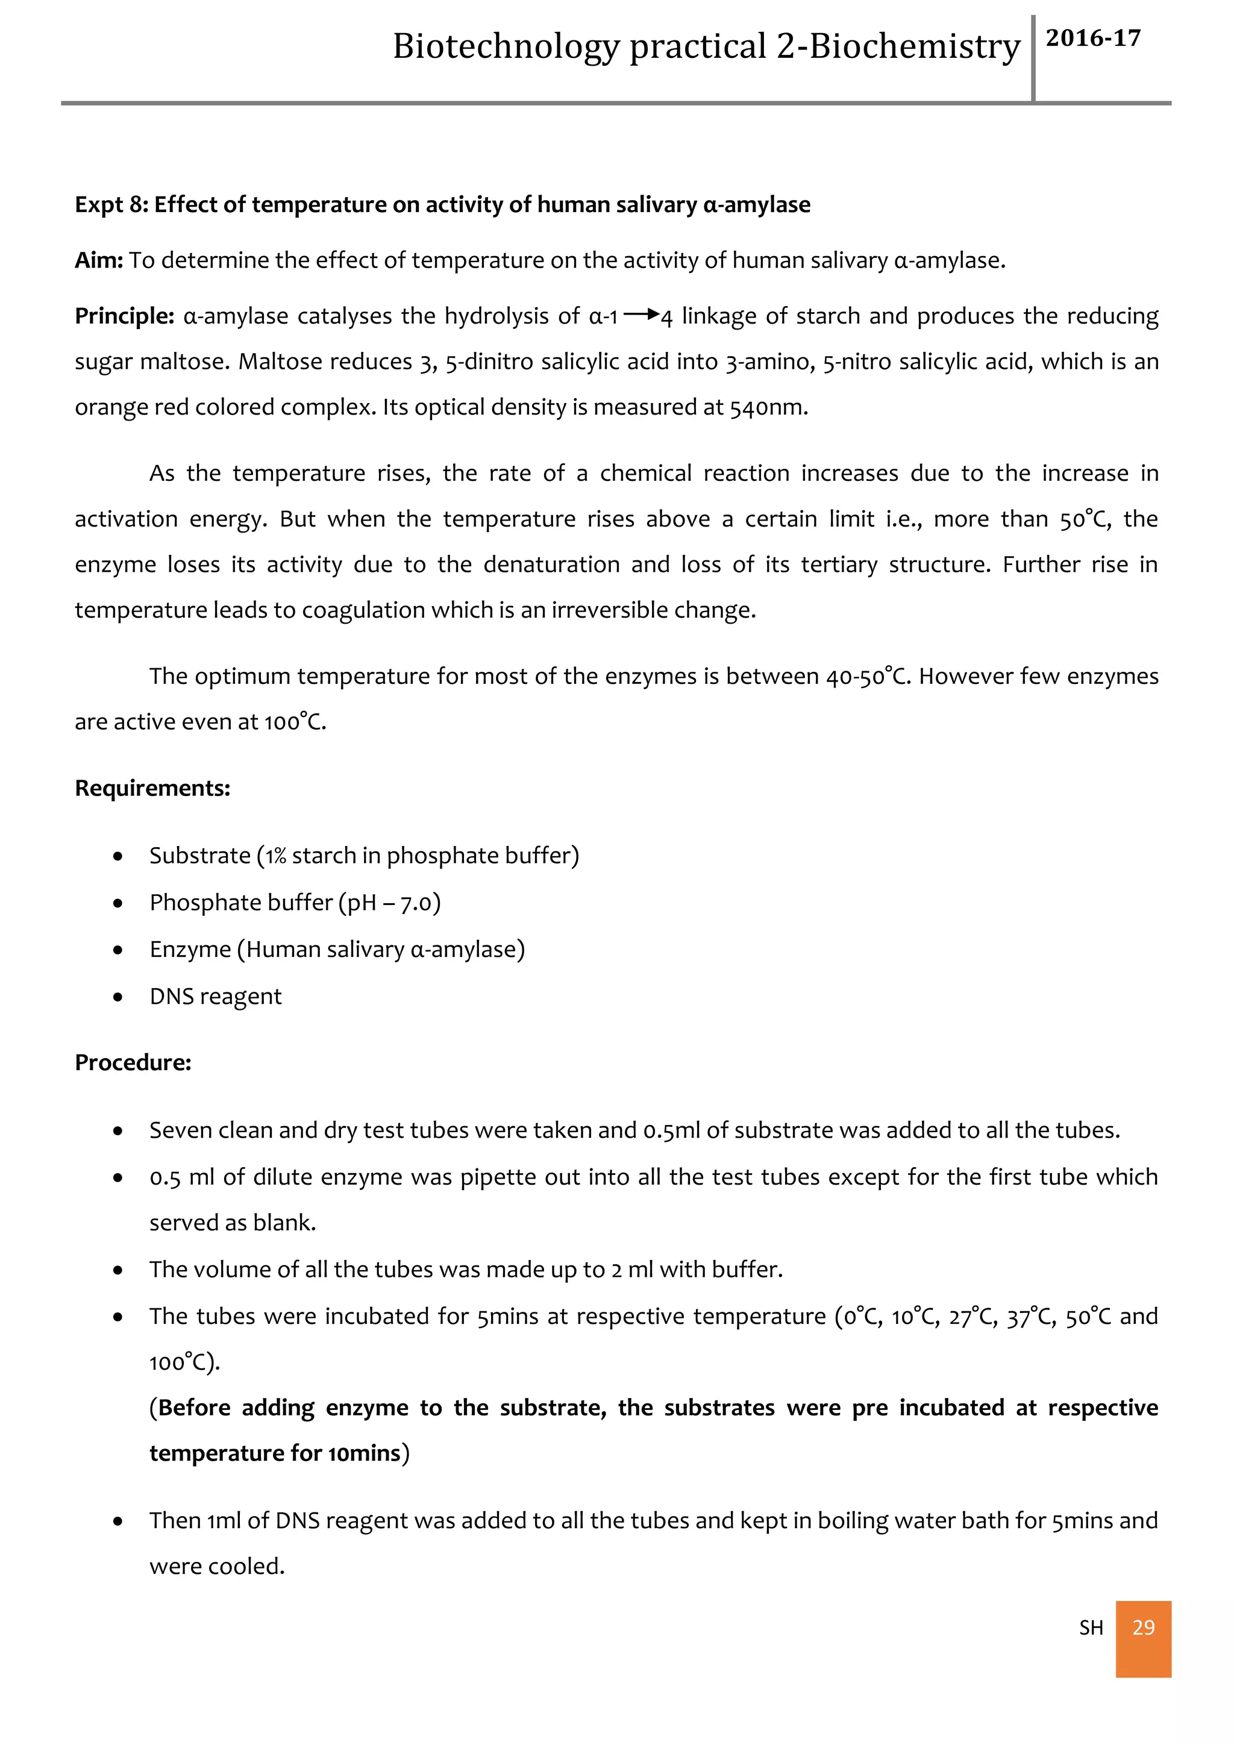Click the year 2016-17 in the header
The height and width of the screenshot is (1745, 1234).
click(x=1092, y=38)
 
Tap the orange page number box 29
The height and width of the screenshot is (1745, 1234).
click(x=1143, y=1627)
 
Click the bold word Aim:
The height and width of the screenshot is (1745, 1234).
click(x=99, y=260)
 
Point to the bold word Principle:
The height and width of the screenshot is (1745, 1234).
click(x=125, y=316)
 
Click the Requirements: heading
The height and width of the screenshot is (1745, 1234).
click(x=152, y=788)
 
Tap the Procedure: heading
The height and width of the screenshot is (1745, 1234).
click(x=133, y=1062)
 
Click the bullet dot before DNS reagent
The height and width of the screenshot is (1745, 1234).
click(x=117, y=997)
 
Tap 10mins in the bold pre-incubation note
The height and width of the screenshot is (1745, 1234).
click(x=364, y=1453)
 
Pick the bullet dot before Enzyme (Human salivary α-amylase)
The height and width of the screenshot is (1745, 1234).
click(x=117, y=950)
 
